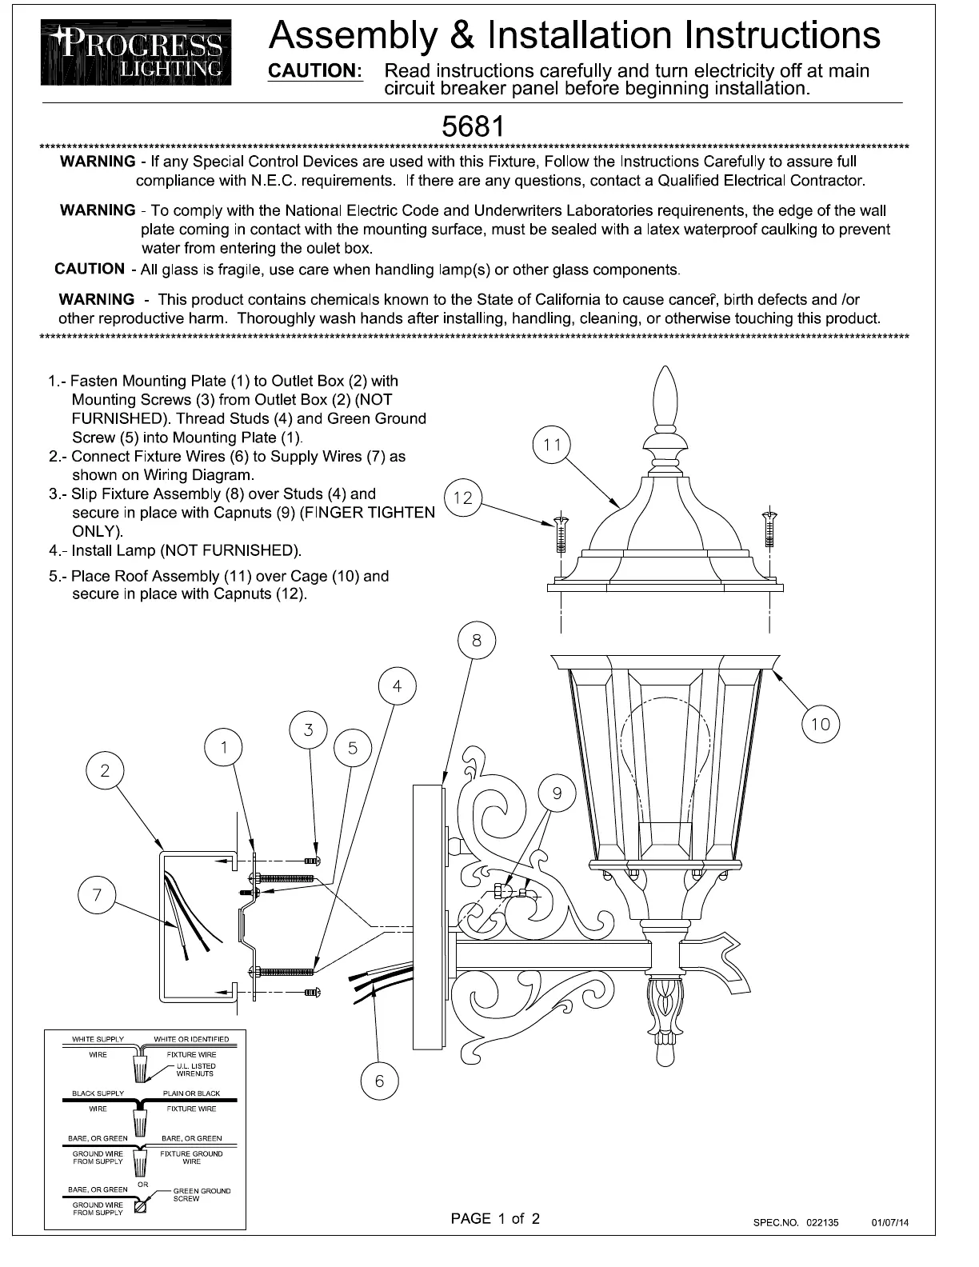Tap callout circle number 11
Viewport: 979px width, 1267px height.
(x=552, y=445)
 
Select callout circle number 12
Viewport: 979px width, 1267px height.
(x=463, y=498)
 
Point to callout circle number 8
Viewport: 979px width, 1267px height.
(x=477, y=641)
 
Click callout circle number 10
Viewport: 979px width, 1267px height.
(x=821, y=725)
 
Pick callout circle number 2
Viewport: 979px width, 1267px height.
(x=106, y=771)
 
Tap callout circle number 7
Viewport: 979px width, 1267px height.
(x=98, y=894)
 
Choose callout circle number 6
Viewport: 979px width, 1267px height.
(x=379, y=1081)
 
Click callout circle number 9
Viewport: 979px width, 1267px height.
(x=557, y=793)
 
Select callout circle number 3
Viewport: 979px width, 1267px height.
(x=309, y=729)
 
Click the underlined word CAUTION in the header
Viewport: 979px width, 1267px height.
(x=315, y=71)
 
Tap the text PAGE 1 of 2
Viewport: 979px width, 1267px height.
(x=495, y=1218)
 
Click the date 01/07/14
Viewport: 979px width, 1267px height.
(x=890, y=1223)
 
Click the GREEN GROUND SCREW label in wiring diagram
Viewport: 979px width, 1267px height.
(x=202, y=1194)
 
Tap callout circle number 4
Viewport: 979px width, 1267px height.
(x=397, y=686)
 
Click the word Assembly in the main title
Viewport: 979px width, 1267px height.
(x=354, y=36)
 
